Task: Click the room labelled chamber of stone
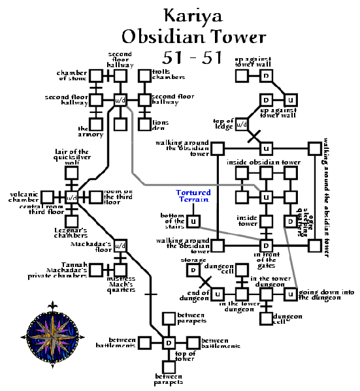pos(96,76)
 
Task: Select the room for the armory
pos(96,123)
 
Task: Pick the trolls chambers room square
pos(144,76)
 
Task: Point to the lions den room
pos(144,123)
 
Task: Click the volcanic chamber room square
pos(47,196)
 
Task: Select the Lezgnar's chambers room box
pos(71,221)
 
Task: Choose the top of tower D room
pos(168,343)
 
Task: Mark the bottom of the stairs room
pos(193,221)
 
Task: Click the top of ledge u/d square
pos(241,124)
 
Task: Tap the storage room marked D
pos(193,270)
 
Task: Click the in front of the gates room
pos(266,245)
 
